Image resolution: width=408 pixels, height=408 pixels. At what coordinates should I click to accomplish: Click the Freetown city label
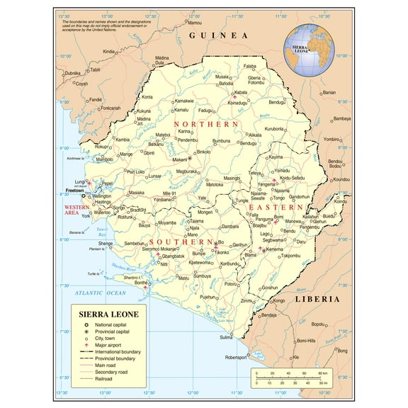click(x=74, y=191)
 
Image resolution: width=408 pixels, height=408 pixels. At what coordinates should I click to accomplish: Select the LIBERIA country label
click(x=317, y=299)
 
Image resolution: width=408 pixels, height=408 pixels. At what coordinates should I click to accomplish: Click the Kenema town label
click(x=274, y=249)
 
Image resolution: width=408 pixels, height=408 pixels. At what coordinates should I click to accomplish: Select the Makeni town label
click(x=180, y=159)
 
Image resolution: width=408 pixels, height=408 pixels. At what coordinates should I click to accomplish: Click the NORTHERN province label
click(x=211, y=124)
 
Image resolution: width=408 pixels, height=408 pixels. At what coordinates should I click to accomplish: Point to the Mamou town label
click(x=194, y=22)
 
